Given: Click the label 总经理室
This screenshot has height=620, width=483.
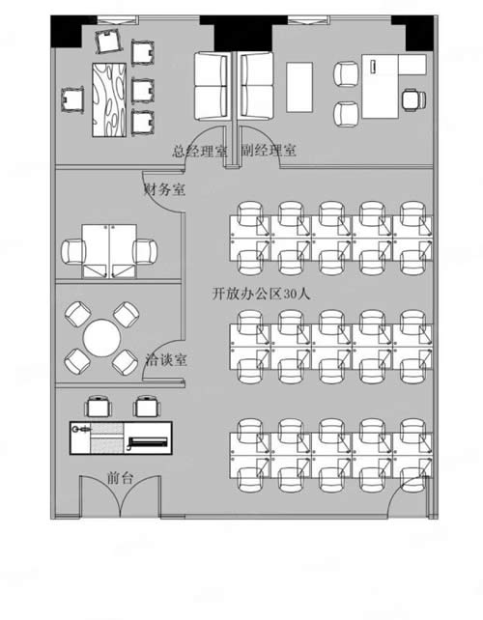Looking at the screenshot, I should (x=200, y=151).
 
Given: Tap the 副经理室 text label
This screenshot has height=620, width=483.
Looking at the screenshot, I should (x=269, y=151).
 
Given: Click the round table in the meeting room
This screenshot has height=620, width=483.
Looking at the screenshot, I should (x=101, y=338).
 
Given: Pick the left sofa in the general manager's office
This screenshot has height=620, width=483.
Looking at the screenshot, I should (x=212, y=85).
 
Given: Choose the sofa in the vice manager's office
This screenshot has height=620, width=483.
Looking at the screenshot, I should (x=256, y=85).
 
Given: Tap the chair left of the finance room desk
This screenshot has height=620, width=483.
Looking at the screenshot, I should (x=75, y=251).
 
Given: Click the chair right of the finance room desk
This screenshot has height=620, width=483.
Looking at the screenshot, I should (x=147, y=251).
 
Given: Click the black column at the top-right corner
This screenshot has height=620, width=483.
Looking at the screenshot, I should (x=417, y=35).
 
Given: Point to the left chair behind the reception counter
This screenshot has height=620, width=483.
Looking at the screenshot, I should (x=97, y=407).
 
